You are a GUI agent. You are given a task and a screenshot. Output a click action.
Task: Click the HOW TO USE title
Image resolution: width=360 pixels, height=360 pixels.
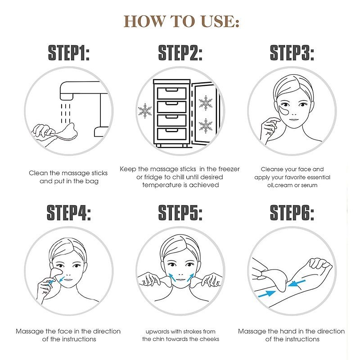(x=181, y=21)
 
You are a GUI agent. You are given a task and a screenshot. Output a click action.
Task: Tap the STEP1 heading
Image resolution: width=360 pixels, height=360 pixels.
(x=69, y=53)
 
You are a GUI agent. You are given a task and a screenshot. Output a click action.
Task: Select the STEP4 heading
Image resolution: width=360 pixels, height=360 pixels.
(x=69, y=213)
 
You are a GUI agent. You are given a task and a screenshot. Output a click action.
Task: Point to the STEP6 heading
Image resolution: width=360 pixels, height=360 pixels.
(x=292, y=213)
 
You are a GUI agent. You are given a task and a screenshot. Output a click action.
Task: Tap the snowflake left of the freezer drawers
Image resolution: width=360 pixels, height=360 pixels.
(x=145, y=111)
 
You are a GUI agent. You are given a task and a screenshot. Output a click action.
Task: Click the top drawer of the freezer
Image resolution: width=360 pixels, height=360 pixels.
(x=172, y=93)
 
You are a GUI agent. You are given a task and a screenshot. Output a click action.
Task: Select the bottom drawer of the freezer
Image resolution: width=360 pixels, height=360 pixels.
(x=172, y=134)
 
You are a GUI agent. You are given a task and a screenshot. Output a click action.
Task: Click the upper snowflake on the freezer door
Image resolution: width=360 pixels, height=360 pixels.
(x=206, y=103)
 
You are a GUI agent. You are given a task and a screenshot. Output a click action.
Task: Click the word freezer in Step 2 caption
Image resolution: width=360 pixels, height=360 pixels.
(x=229, y=169)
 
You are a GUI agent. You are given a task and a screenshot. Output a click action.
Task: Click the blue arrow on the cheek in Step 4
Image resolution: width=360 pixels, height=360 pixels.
(x=62, y=279)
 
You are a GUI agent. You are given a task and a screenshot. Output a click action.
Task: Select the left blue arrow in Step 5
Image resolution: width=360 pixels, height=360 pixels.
(x=172, y=277)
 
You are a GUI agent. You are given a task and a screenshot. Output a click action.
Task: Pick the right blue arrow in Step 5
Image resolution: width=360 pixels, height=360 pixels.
(x=190, y=277)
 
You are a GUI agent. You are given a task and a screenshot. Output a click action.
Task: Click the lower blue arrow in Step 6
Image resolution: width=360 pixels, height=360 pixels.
(x=267, y=294)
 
